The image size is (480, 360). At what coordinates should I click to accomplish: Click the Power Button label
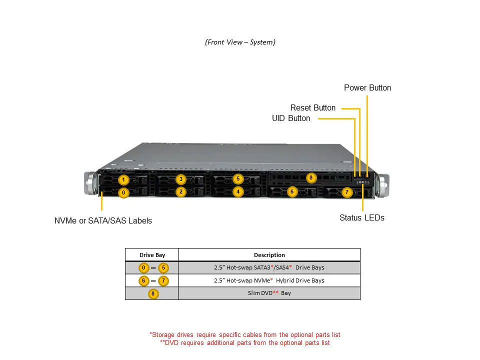[367, 88]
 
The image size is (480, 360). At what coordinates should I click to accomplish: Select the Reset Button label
[313, 108]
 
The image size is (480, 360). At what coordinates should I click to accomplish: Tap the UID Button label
[291, 118]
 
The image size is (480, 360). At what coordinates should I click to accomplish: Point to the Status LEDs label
[361, 218]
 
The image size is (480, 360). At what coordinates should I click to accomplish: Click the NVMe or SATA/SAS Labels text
[103, 220]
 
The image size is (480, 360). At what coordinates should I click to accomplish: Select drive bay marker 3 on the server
[181, 179]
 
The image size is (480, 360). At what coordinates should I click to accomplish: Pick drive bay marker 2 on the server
[181, 191]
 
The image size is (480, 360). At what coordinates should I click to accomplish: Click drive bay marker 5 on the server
[238, 178]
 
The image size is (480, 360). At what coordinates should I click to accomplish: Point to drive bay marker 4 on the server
[238, 191]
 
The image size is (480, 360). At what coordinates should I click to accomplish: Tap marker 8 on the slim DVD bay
[310, 177]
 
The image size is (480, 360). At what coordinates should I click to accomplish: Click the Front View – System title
[240, 42]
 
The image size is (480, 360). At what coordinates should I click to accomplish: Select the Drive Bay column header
[152, 255]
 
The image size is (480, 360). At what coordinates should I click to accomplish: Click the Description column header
[269, 255]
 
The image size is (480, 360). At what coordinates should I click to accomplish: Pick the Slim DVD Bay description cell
[269, 293]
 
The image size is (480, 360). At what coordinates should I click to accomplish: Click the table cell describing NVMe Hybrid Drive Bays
[269, 280]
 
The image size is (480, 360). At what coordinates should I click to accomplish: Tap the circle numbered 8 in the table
[152, 293]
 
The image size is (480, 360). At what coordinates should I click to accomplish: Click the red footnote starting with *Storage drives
[244, 334]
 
